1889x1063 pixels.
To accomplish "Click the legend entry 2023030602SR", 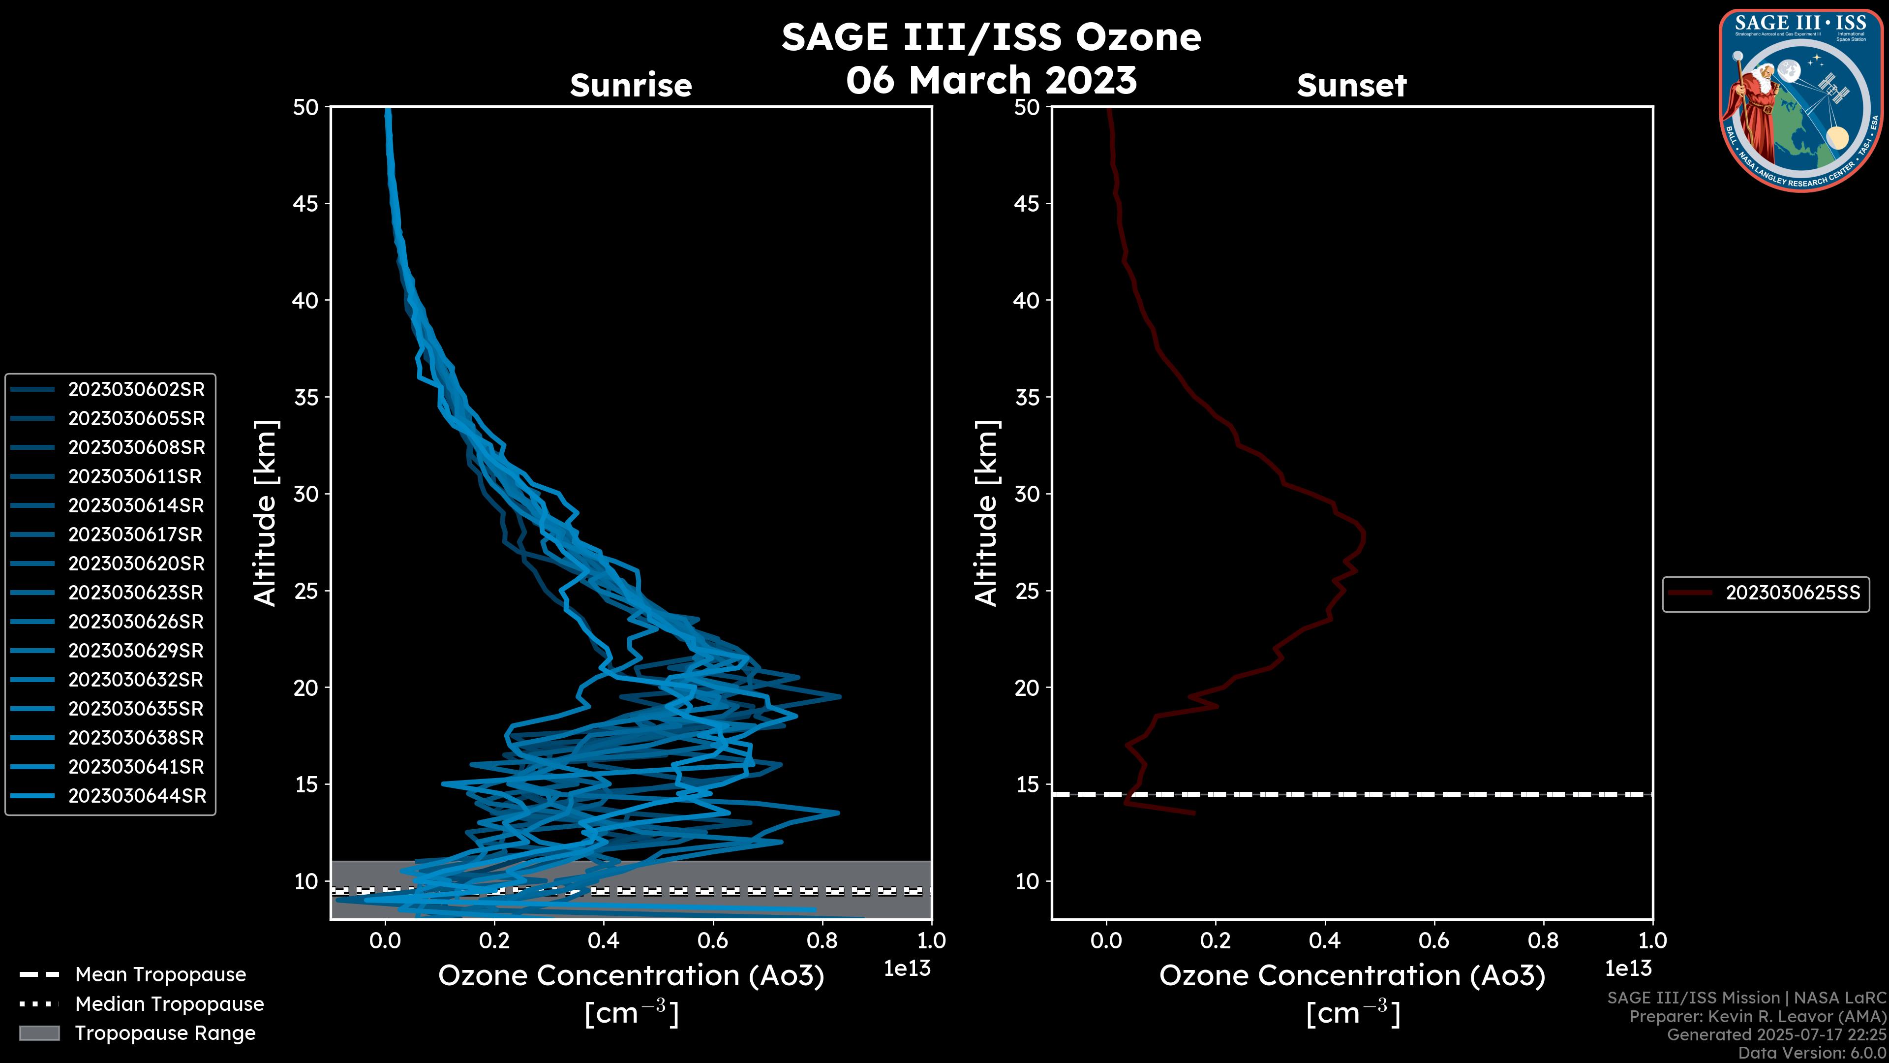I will tap(136, 390).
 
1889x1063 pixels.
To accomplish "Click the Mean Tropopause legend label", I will tap(160, 975).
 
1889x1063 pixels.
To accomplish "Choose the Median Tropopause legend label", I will tap(169, 1004).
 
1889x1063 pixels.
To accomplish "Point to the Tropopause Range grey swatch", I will tap(39, 1033).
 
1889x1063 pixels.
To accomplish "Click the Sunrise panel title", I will tap(631, 86).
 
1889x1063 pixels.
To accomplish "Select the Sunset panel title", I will tap(1351, 86).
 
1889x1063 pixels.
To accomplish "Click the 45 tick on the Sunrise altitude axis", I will tap(306, 204).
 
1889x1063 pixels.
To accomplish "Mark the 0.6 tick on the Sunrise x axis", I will tap(713, 940).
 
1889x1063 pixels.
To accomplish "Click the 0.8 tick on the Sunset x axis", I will tap(1544, 940).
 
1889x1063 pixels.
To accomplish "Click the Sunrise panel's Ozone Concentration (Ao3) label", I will tap(631, 976).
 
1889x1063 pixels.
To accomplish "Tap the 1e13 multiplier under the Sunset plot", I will tap(1628, 969).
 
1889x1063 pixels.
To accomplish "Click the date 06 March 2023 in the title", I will tap(991, 80).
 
